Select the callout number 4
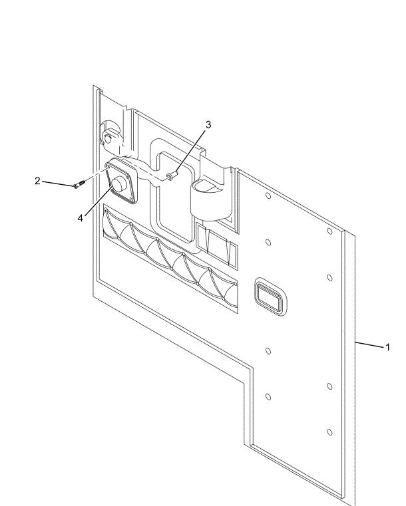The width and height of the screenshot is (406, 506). point(81,217)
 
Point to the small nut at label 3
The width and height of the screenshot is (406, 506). point(172,176)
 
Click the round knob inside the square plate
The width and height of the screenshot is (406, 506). point(120,184)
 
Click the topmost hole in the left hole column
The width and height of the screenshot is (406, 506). point(267,196)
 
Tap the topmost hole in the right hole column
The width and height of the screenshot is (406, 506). point(329,231)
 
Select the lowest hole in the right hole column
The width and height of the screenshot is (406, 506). point(329,432)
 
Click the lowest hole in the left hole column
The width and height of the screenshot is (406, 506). point(268,396)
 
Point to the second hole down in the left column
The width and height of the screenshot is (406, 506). point(268,242)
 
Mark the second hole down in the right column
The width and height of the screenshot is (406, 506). point(329,277)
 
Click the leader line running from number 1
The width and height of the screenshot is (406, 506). point(369,344)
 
